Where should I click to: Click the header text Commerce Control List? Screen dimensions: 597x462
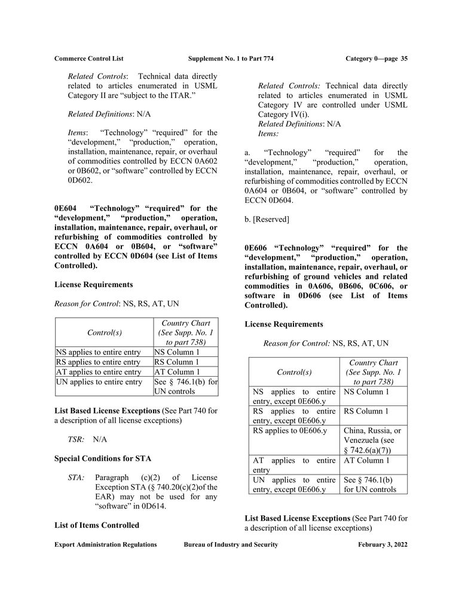coord(88,59)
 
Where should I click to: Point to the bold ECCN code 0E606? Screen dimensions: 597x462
coord(257,248)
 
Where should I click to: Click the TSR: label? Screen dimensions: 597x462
coord(76,439)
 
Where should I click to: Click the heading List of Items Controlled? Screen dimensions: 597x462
coord(97,525)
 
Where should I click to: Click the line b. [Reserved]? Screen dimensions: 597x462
coord(267,219)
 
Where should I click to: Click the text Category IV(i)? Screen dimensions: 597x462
coord(283,114)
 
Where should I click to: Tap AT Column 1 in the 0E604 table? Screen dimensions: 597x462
coord(177,372)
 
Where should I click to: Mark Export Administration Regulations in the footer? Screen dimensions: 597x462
coord(105,544)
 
